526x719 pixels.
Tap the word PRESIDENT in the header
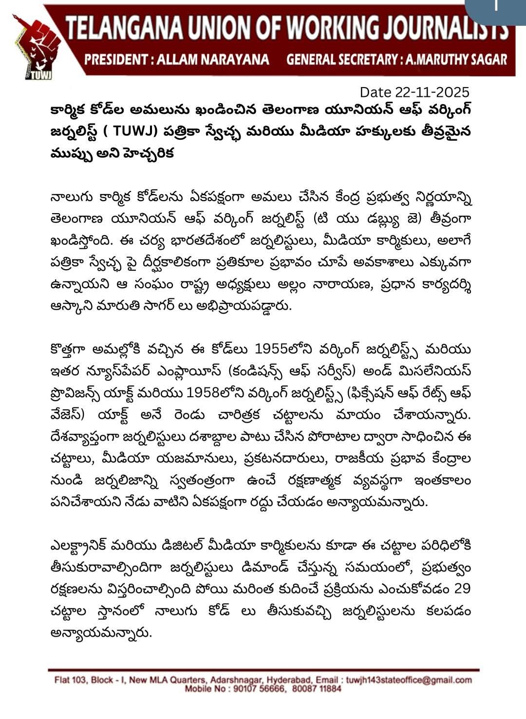coord(115,60)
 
